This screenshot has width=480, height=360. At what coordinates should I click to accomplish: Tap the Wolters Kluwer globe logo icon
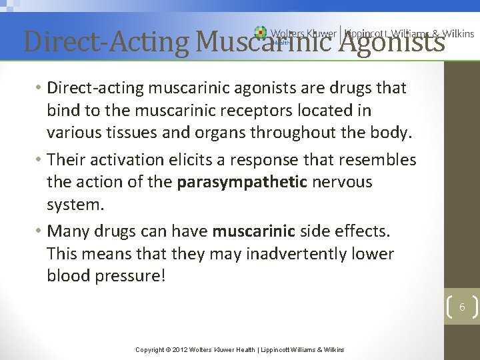pyautogui.click(x=261, y=33)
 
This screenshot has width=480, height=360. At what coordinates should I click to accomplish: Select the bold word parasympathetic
pyautogui.click(x=241, y=182)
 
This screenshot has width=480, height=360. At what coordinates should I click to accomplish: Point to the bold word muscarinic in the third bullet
pyautogui.click(x=253, y=231)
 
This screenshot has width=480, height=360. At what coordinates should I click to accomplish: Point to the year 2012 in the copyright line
pyautogui.click(x=181, y=349)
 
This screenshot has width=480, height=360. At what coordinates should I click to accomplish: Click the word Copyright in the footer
pyautogui.click(x=150, y=349)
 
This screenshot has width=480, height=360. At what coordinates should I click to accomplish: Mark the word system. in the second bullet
pyautogui.click(x=75, y=204)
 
